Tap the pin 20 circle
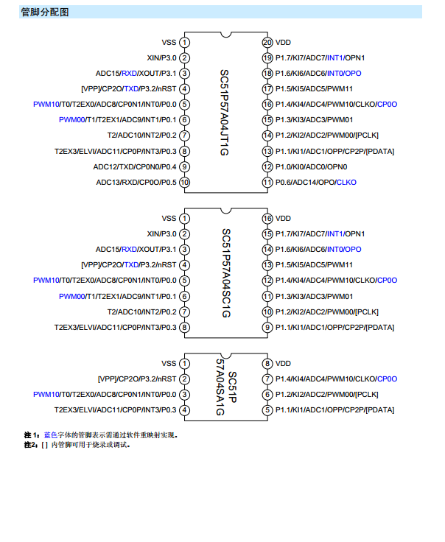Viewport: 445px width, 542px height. coord(267,42)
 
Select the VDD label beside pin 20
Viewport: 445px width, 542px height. coord(284,42)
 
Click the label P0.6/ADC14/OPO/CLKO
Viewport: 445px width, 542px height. coord(316,182)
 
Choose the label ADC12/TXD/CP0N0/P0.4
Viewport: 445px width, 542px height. coord(135,166)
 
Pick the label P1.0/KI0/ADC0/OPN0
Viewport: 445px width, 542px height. coord(311,166)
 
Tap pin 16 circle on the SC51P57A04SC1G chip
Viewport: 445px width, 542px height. coord(267,218)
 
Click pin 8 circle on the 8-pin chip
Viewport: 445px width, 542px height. coord(267,363)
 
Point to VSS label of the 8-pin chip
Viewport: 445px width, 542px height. coord(169,363)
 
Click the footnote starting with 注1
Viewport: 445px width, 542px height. coord(101,434)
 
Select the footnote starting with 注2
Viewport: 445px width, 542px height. coord(77,444)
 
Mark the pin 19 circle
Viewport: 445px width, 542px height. coord(267,57)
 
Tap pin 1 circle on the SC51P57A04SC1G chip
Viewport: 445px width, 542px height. coord(184,218)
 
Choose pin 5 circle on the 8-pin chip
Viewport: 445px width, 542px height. coord(267,409)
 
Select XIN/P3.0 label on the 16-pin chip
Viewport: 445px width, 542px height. coord(161,233)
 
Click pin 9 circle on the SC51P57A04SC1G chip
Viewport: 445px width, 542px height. coord(267,327)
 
